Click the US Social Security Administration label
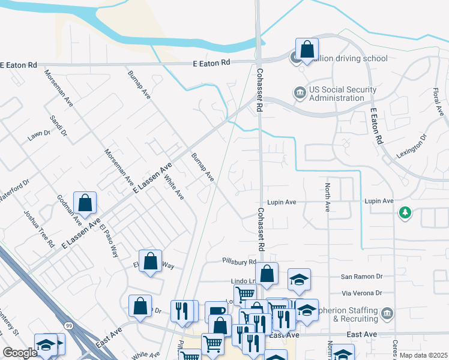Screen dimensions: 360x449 pyautogui.click(x=337, y=94)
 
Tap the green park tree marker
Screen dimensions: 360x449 pyautogui.click(x=406, y=212)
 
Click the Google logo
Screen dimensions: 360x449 pyautogui.click(x=19, y=353)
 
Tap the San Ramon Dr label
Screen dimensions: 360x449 pyautogui.click(x=361, y=277)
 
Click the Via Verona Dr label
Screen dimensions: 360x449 pyautogui.click(x=362, y=293)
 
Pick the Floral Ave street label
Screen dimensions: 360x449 pyautogui.click(x=436, y=103)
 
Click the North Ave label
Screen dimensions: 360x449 pyautogui.click(x=328, y=197)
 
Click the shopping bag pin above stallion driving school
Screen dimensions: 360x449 pyautogui.click(x=307, y=48)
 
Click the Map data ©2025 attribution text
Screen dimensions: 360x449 pyautogui.click(x=423, y=355)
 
